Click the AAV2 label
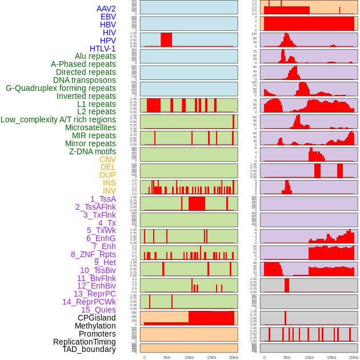106,9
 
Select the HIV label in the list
109,33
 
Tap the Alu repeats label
95,56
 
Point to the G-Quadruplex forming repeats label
61,88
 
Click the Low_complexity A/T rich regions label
58,119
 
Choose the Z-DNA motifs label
93,151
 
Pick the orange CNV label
107,159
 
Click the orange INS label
109,183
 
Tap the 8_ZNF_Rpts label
93,254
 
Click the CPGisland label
97,318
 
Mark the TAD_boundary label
89,349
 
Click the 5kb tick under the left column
167,357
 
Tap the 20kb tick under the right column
354,357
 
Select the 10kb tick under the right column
309,357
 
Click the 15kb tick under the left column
211,357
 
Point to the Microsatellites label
90,127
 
